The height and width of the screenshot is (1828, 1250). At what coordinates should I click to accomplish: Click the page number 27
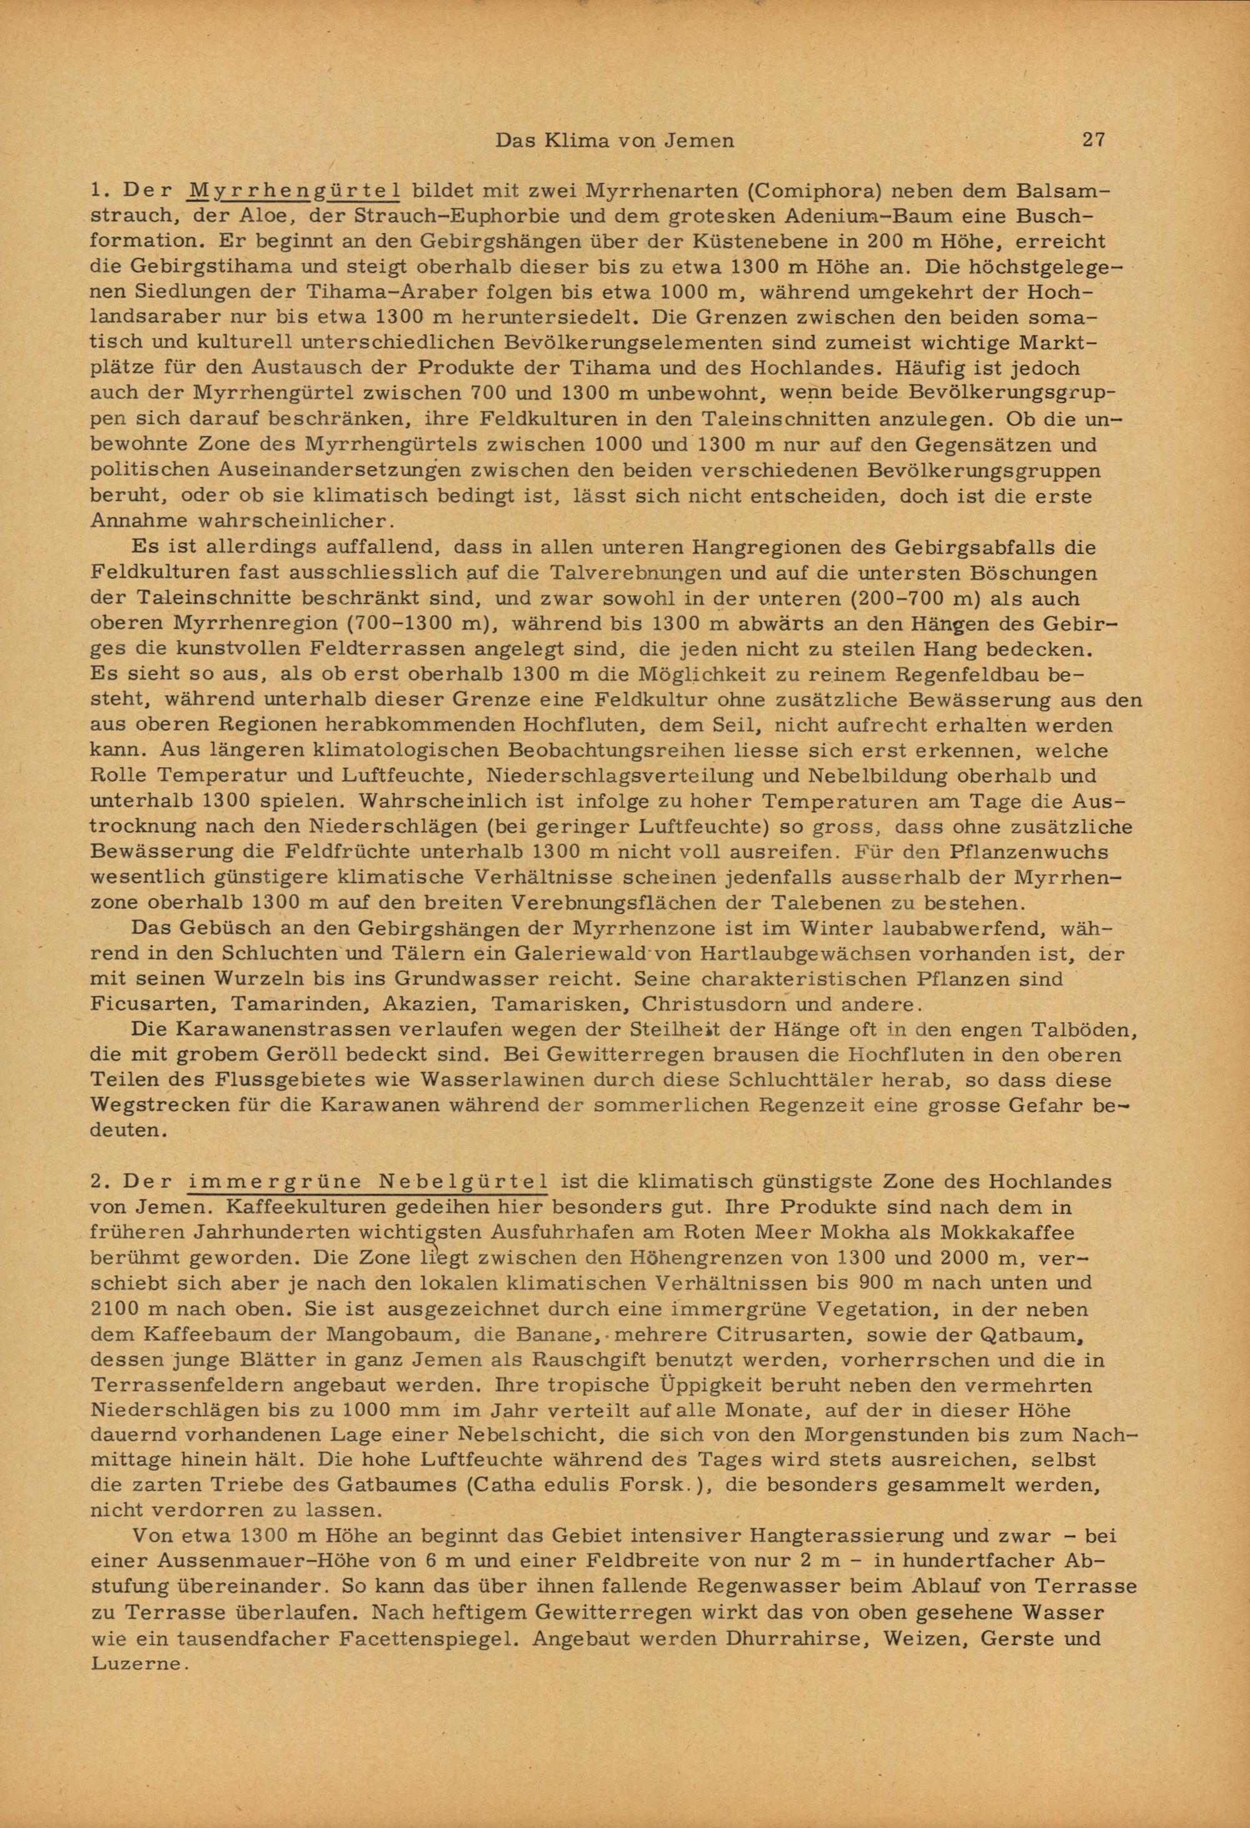pos(1094,140)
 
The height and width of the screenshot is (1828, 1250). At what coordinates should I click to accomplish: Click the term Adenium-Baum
pos(794,216)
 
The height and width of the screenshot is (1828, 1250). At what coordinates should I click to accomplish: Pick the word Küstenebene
pos(739,242)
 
